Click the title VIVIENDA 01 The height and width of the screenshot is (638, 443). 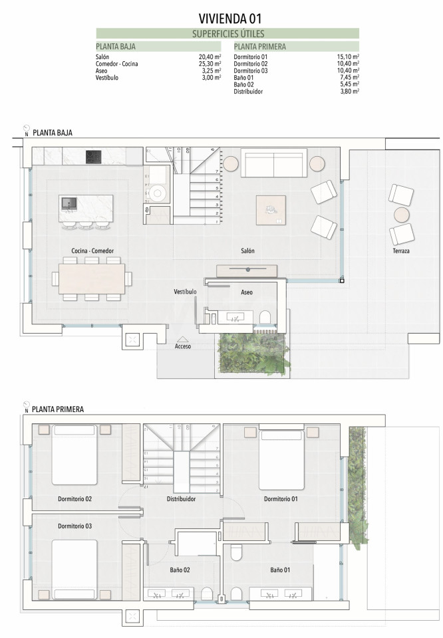click(x=229, y=19)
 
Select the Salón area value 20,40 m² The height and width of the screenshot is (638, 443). click(x=210, y=57)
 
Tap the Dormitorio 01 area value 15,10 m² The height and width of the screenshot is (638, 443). click(x=348, y=57)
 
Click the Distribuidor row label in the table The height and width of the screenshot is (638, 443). click(x=248, y=92)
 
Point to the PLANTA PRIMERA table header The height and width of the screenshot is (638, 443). click(x=260, y=47)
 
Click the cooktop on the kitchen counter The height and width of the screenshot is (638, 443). click(x=93, y=157)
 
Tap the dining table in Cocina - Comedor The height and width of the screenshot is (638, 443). click(x=92, y=278)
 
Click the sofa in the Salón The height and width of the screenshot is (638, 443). click(x=273, y=163)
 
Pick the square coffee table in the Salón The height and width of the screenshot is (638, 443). click(x=271, y=210)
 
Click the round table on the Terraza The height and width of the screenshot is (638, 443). click(x=402, y=215)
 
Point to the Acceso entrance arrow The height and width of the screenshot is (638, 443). click(x=183, y=340)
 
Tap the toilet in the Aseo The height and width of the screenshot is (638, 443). click(x=265, y=318)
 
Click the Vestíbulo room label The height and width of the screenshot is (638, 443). click(x=186, y=292)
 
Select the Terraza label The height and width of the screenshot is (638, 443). click(x=401, y=251)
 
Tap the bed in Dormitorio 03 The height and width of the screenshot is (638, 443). click(x=74, y=570)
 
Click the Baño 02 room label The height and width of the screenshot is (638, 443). click(x=180, y=570)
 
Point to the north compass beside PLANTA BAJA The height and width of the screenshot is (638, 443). click(x=27, y=128)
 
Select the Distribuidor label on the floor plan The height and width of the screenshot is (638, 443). click(x=181, y=499)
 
